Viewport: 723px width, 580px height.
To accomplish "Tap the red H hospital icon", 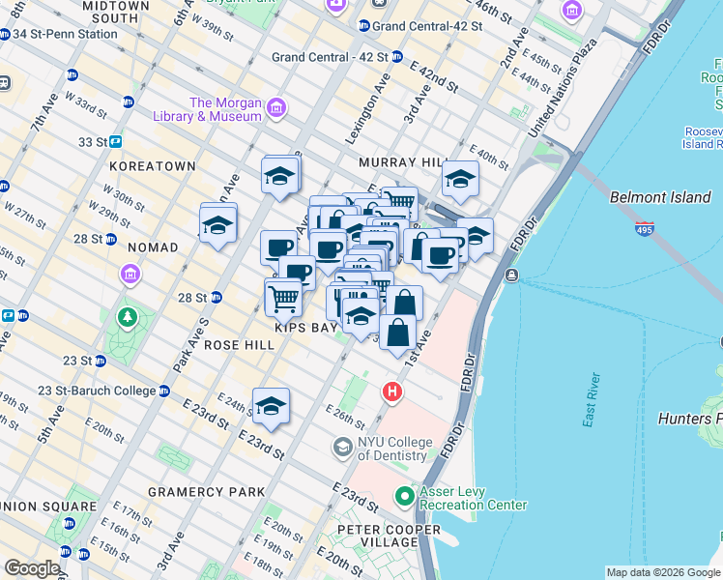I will pos(391,391).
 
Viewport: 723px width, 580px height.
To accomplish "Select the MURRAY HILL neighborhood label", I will pos(399,163).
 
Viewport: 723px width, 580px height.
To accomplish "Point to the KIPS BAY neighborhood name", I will pos(305,328).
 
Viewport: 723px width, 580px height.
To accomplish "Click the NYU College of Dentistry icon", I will pos(341,447).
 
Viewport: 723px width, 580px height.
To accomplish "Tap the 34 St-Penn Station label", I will pos(65,33).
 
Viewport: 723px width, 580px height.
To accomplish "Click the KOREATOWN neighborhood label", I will pos(153,166).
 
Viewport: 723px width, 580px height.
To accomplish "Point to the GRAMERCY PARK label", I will pos(206,492).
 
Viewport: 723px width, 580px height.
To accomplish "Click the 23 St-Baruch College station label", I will pos(97,391).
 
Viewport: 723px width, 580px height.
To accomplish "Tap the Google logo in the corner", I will pos(32,568).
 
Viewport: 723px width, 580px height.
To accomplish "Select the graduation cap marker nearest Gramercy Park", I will pos(272,407).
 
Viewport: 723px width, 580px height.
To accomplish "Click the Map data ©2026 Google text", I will pos(662,572).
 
